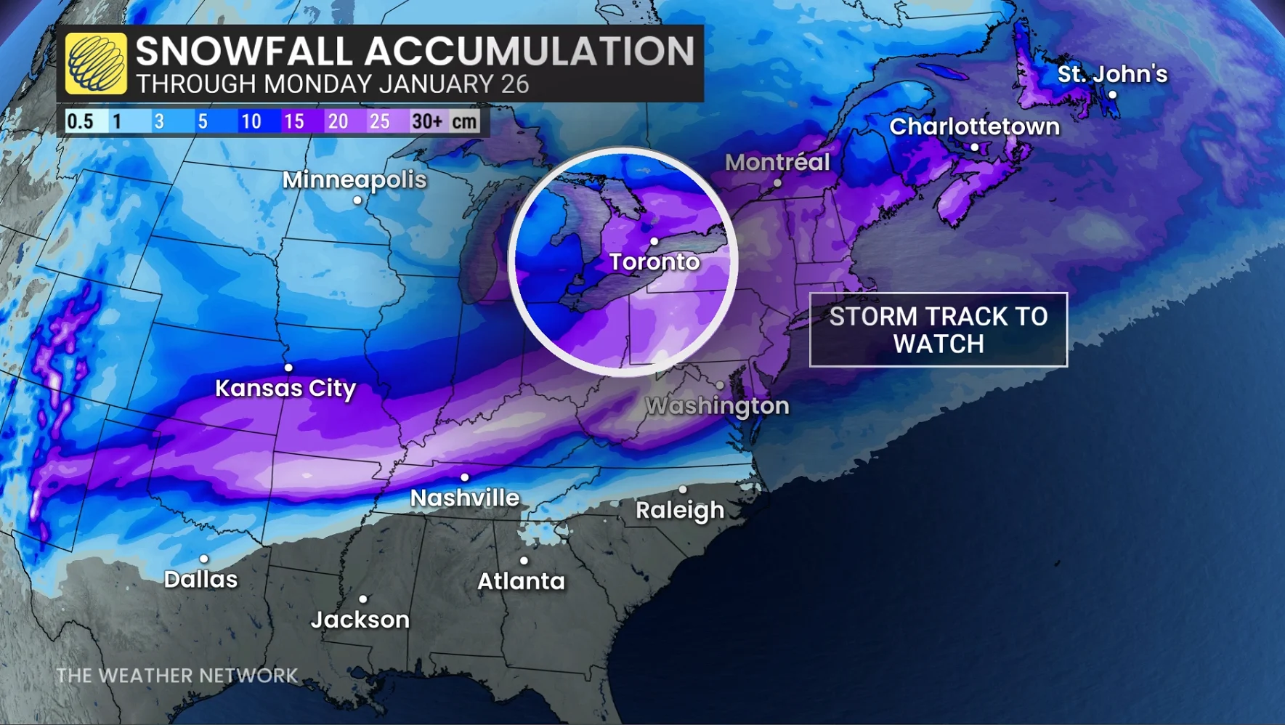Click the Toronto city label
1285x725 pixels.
[x=654, y=262]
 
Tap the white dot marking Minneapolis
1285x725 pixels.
[x=357, y=201]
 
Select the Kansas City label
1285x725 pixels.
[x=285, y=388]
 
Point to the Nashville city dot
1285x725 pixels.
[x=465, y=477]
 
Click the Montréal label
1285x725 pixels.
[x=777, y=162]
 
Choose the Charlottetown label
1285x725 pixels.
[x=974, y=126]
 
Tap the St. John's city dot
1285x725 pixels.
[x=1112, y=95]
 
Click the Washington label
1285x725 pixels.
[x=717, y=405]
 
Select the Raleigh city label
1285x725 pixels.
[x=680, y=510]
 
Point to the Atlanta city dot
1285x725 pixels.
[x=524, y=561]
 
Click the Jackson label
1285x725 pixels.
[x=360, y=620]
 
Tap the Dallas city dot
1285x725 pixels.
[x=204, y=559]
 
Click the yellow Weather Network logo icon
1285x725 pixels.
[x=96, y=64]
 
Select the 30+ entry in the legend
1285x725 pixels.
[x=427, y=121]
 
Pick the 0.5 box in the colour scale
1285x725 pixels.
[x=80, y=121]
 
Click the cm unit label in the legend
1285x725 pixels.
[x=465, y=121]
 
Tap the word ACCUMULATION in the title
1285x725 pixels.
[x=529, y=51]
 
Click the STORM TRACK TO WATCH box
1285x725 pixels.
[x=938, y=330]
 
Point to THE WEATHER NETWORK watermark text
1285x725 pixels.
[x=177, y=676]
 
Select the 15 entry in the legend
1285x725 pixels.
[x=294, y=121]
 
